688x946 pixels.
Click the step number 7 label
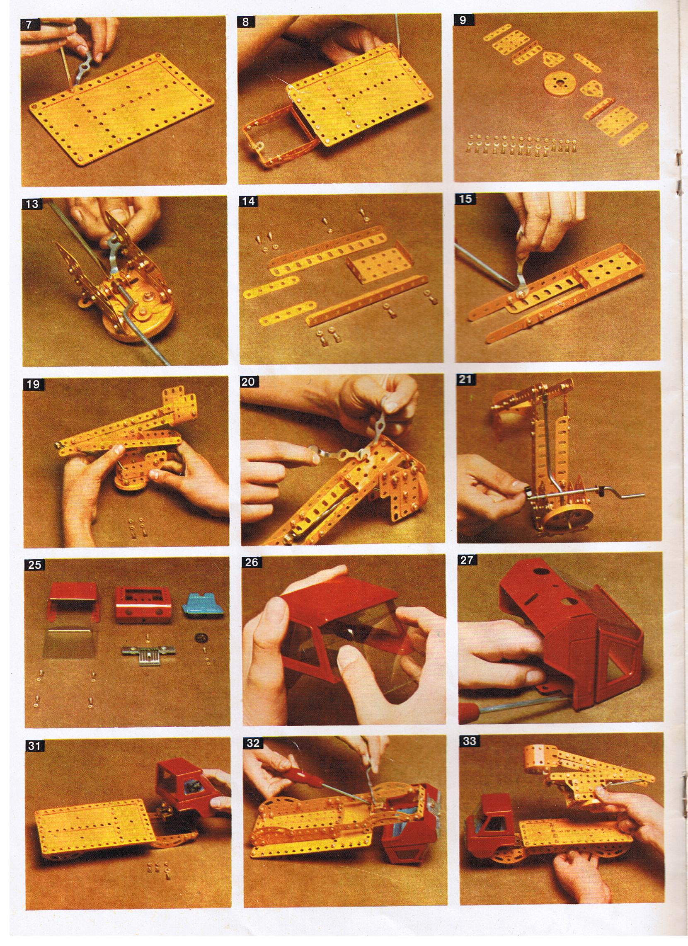coord(28,24)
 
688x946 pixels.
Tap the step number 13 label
coord(31,204)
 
